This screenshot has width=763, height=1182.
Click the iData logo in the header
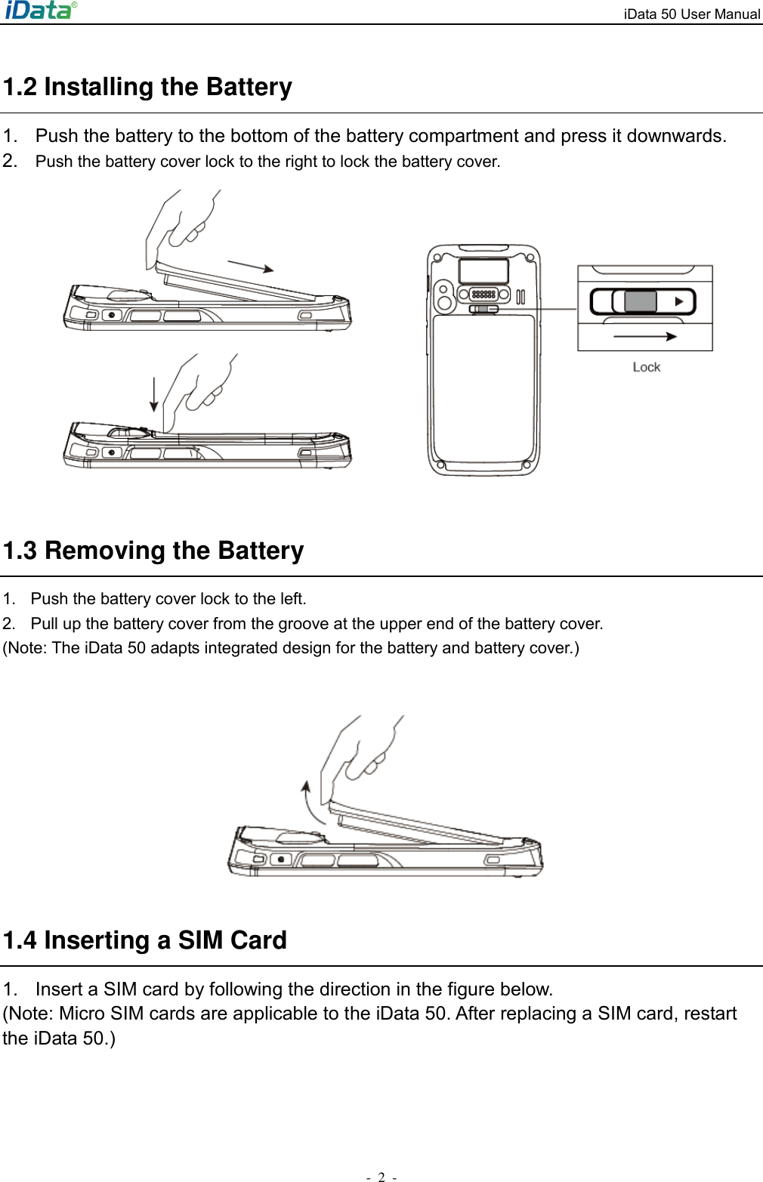coord(40,11)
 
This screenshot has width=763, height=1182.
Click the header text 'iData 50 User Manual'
coord(691,14)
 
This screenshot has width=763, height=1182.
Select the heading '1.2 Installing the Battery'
coord(147,87)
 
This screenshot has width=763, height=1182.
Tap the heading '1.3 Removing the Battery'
coord(153,551)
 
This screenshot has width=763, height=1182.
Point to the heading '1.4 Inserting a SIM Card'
coord(145,940)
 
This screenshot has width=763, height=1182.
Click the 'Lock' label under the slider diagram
coord(646,367)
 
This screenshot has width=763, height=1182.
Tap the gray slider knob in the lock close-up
coord(641,301)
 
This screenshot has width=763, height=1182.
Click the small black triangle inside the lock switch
coord(679,301)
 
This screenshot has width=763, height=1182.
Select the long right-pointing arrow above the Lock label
coord(645,337)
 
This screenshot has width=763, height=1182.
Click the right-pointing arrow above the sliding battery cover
coord(251,266)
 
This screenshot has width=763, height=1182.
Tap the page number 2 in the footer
coord(381,1176)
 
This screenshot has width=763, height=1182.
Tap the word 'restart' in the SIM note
coord(709,1014)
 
